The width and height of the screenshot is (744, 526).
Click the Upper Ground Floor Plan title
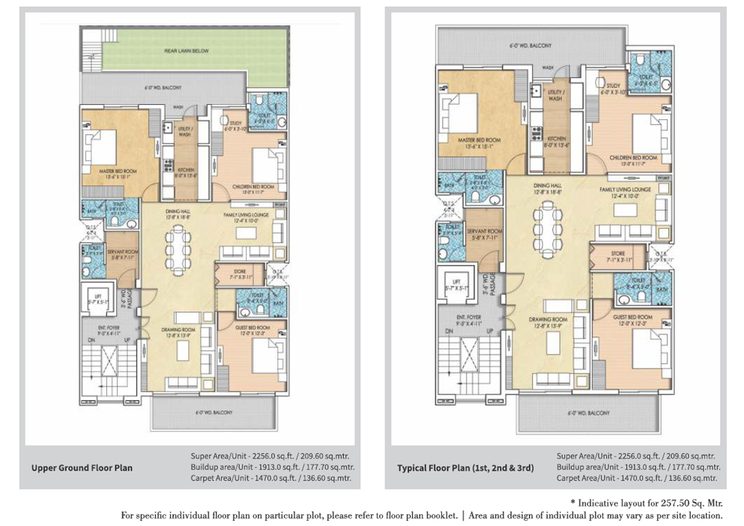pyautogui.click(x=82, y=468)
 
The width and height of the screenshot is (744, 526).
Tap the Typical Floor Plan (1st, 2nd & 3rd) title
pyautogui.click(x=465, y=468)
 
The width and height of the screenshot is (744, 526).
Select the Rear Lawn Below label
pyautogui.click(x=187, y=51)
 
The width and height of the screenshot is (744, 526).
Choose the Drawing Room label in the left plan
pyautogui.click(x=180, y=330)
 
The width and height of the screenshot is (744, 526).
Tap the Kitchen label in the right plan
pyautogui.click(x=555, y=139)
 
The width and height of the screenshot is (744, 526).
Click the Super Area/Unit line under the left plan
pyautogui.click(x=269, y=456)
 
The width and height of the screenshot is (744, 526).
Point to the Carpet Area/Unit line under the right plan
pyautogui.click(x=636, y=478)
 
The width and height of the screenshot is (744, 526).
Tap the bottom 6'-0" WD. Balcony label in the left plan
pyautogui.click(x=214, y=413)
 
